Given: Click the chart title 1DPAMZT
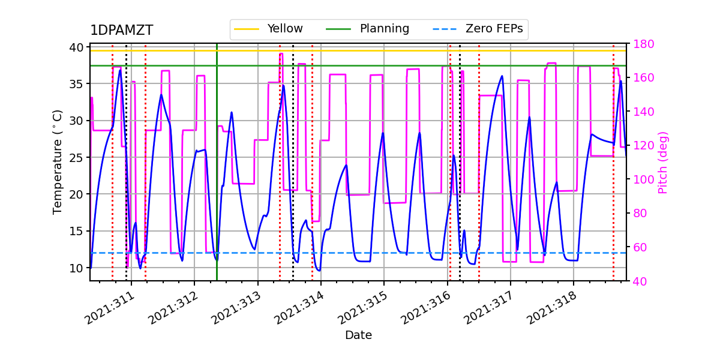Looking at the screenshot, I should pos(121,31).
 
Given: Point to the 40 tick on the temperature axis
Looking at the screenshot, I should pos(77,47).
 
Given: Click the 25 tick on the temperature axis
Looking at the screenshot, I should pos(77,157).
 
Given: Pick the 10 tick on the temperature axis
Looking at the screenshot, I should pos(77,268).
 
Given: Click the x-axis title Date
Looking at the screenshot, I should pos(358,335).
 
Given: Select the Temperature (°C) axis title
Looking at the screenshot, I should pos(58,162).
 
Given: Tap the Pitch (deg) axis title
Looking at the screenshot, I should pos(663,162).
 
